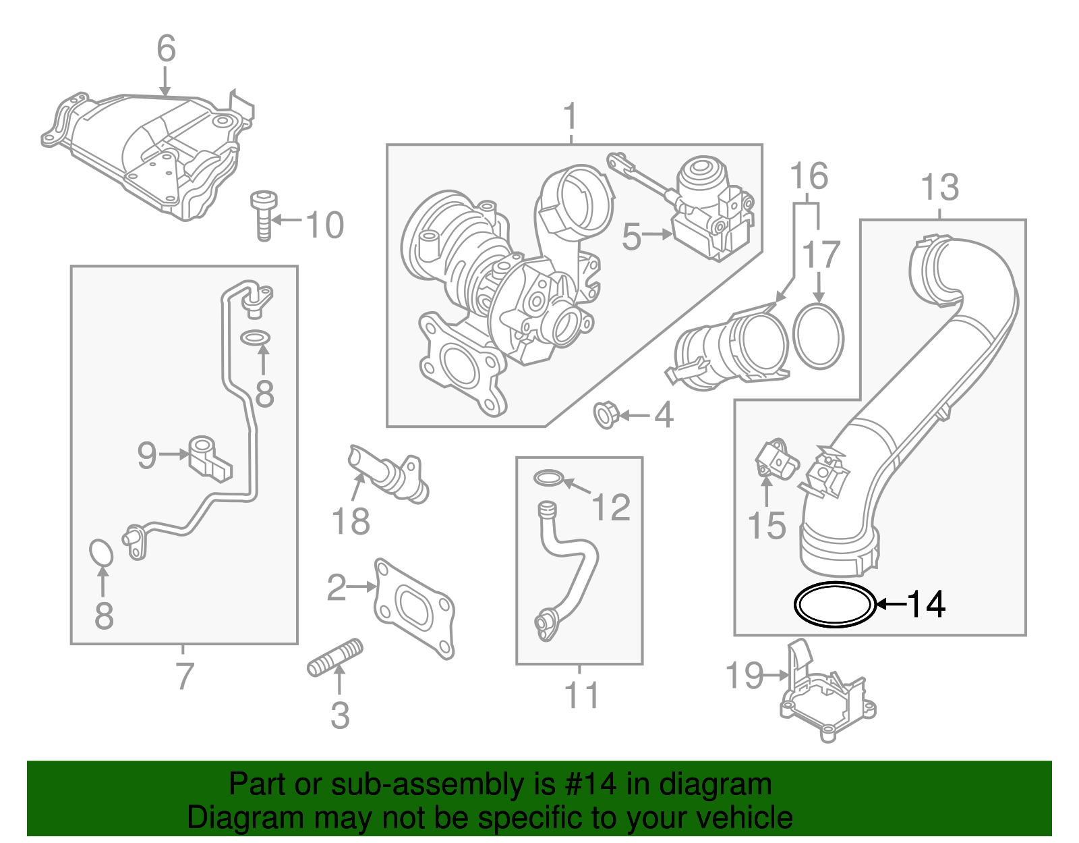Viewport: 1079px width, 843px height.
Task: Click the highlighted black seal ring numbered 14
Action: coord(834,603)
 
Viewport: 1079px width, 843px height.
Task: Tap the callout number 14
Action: coord(926,604)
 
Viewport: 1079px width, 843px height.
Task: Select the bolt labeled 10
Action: coord(264,215)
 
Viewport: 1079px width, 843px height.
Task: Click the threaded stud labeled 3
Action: coord(335,659)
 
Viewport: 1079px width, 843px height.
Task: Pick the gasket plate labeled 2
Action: coord(413,607)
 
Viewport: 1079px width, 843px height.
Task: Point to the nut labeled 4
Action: coord(606,414)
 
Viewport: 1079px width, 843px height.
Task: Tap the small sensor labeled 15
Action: coord(776,459)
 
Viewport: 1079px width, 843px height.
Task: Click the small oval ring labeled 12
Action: coord(548,479)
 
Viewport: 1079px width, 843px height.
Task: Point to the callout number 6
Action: coord(166,49)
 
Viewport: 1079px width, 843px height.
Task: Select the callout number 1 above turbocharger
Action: coord(571,116)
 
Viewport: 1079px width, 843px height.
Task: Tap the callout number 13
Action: coord(939,187)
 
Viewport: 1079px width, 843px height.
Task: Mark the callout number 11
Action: coord(581,695)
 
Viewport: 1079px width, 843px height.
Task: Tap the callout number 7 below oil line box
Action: coord(183,676)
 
